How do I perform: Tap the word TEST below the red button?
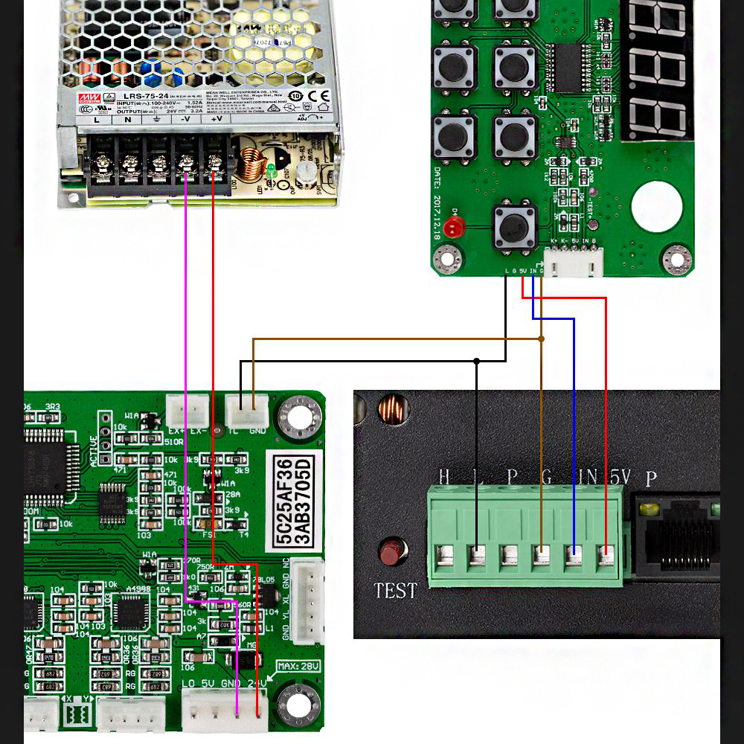point(395,591)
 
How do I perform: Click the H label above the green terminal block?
point(444,476)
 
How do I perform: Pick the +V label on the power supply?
point(217,119)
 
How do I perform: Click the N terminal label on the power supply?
point(127,119)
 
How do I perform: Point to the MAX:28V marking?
point(298,665)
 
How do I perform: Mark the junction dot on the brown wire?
point(542,339)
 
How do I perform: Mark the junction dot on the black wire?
point(477,362)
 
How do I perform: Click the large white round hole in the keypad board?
point(656,208)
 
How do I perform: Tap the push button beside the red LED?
point(514,226)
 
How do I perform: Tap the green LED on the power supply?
point(272,170)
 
